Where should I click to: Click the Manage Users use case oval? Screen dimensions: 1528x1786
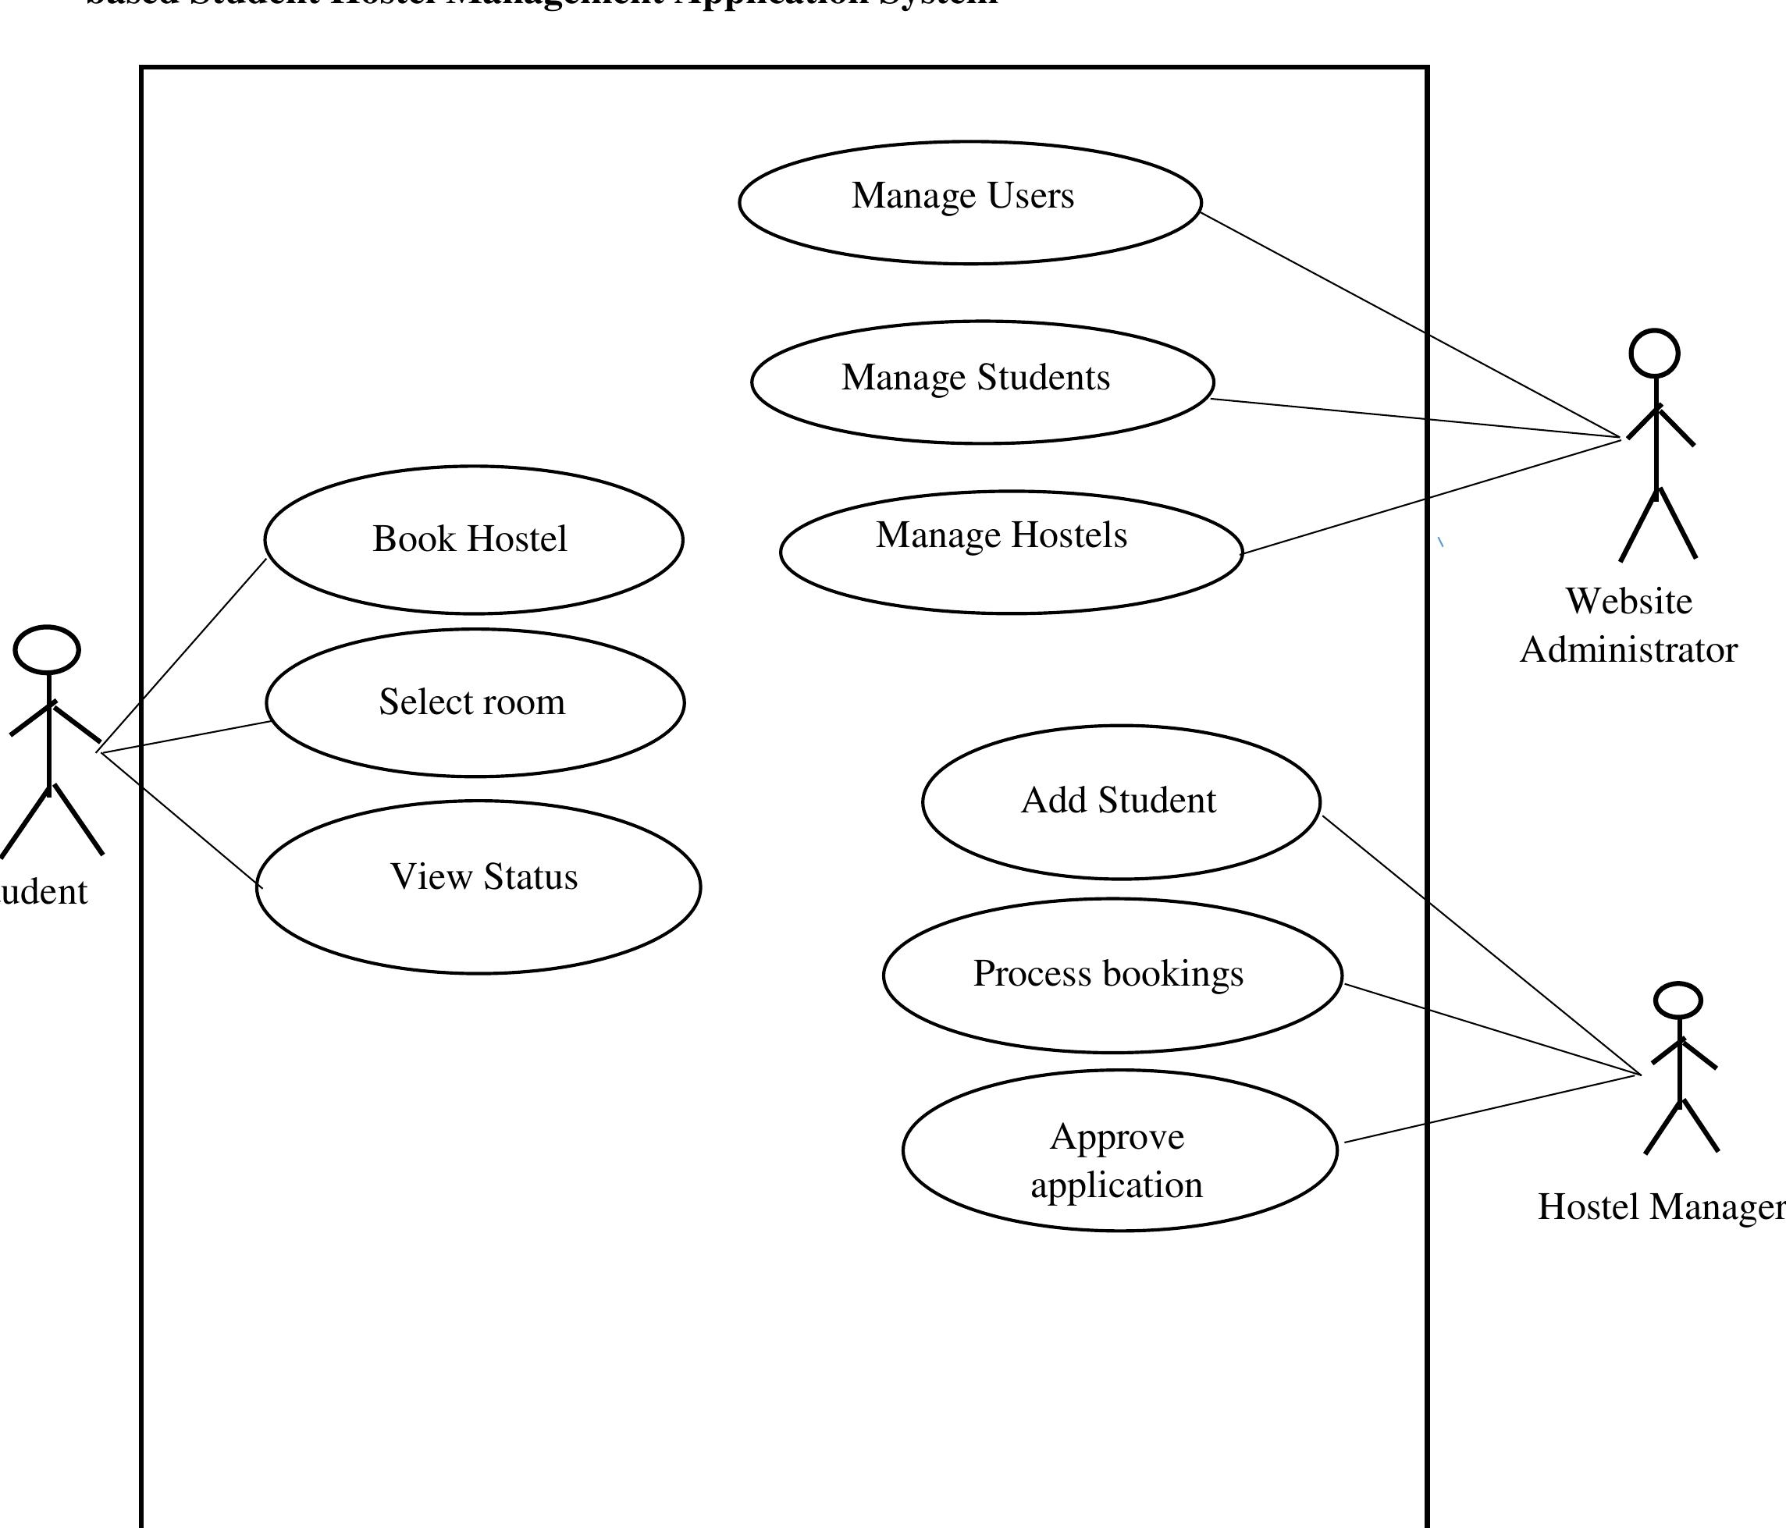click(969, 203)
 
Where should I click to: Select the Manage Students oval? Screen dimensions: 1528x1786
click(982, 382)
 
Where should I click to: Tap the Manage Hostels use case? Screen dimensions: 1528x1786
click(1010, 552)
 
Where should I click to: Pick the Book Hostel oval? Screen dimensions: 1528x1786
click(473, 539)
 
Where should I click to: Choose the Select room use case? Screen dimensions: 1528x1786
click(475, 702)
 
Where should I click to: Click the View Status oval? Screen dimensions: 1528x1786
click(479, 887)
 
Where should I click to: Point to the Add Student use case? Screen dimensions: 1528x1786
click(1121, 801)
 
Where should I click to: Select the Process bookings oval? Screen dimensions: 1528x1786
click(1112, 975)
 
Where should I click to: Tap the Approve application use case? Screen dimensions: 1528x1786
click(1119, 1150)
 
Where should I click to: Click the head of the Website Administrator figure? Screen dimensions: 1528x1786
click(1654, 354)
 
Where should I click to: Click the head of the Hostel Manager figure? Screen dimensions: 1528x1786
click(1677, 1000)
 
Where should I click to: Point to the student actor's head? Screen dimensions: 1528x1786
click(48, 650)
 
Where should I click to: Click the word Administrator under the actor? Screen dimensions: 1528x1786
click(1628, 650)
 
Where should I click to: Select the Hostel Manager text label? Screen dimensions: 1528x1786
click(1660, 1206)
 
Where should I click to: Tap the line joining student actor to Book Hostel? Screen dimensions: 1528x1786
click(183, 654)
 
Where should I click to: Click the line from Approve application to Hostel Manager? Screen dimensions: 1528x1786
click(1491, 1109)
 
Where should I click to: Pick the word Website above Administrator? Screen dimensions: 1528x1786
click(1628, 602)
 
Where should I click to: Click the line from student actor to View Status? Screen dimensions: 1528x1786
click(181, 819)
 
